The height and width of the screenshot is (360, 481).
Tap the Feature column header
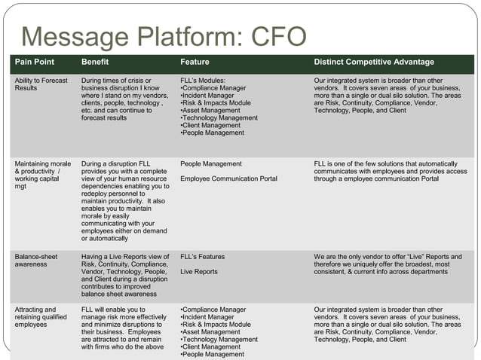click(x=195, y=62)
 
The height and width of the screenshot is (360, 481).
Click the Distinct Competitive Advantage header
click(x=374, y=62)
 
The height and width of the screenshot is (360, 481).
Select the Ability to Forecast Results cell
click(x=41, y=84)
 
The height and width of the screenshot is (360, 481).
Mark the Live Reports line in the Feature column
click(x=199, y=271)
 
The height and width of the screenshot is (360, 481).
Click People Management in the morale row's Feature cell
click(x=211, y=163)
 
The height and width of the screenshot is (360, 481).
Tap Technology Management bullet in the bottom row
click(x=219, y=340)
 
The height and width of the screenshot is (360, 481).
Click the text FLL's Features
click(x=203, y=257)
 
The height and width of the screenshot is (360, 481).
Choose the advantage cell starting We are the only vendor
click(x=388, y=265)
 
